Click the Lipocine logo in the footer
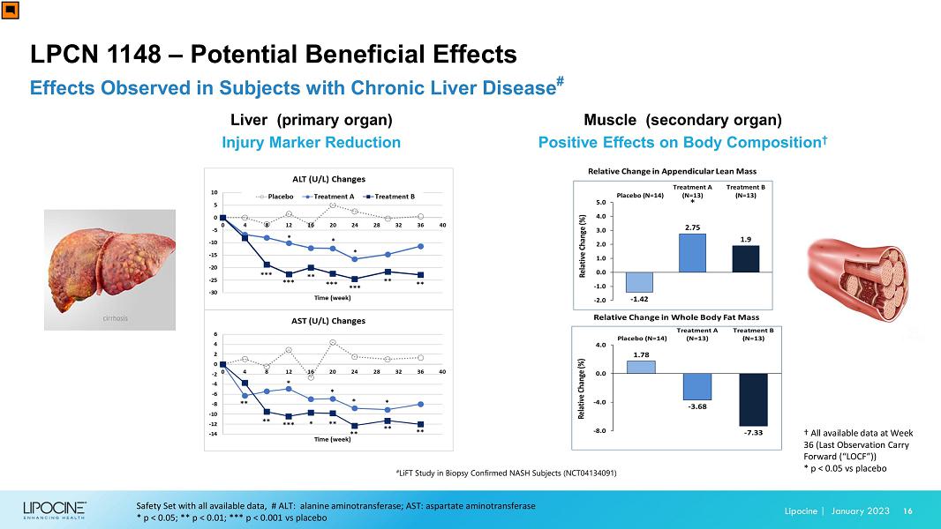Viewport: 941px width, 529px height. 55,510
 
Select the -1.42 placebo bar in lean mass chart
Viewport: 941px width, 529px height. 640,282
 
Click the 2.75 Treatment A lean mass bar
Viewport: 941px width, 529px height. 693,253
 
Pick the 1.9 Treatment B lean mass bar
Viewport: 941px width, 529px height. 746,259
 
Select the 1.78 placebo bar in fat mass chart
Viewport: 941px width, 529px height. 641,367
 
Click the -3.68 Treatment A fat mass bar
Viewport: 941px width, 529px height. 696,387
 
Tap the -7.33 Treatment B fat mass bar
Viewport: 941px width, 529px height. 753,400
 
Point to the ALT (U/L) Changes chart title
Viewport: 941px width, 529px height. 328,179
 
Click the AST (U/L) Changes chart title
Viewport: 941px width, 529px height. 328,321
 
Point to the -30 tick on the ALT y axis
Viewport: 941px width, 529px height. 213,292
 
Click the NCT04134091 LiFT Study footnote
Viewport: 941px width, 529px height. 506,473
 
